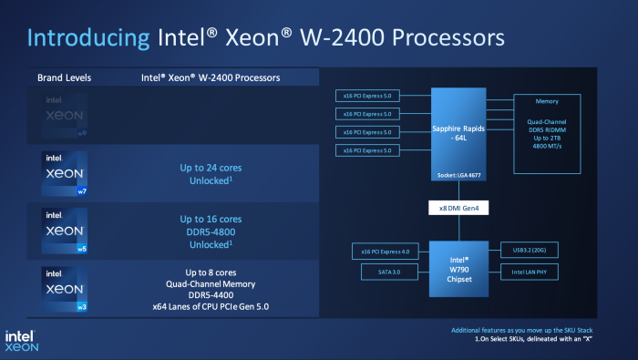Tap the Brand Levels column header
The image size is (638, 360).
pos(64,77)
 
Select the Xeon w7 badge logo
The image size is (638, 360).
pos(64,173)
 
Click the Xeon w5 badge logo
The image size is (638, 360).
pos(64,232)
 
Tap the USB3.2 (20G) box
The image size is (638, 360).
pos(530,249)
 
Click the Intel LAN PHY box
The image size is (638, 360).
pos(530,271)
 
